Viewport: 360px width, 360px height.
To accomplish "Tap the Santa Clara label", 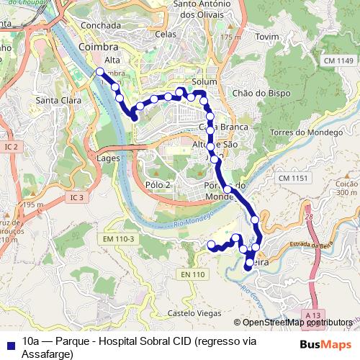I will click(58, 100).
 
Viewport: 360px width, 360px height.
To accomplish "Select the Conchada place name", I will click(101, 24).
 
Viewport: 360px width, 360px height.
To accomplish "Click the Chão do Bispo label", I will click(258, 93).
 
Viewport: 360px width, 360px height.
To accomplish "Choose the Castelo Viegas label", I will click(190, 313).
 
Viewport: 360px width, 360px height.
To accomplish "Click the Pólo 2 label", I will click(157, 185).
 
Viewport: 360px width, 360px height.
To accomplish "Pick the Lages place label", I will click(108, 158).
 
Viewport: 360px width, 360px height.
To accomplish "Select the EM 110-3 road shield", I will click(119, 238).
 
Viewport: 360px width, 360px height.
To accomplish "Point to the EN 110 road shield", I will click(192, 274).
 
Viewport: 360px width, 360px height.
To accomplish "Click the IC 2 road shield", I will click(11, 147).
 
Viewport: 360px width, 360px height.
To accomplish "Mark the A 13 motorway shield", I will click(312, 315).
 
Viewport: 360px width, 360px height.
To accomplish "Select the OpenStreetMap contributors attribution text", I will click(293, 323).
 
